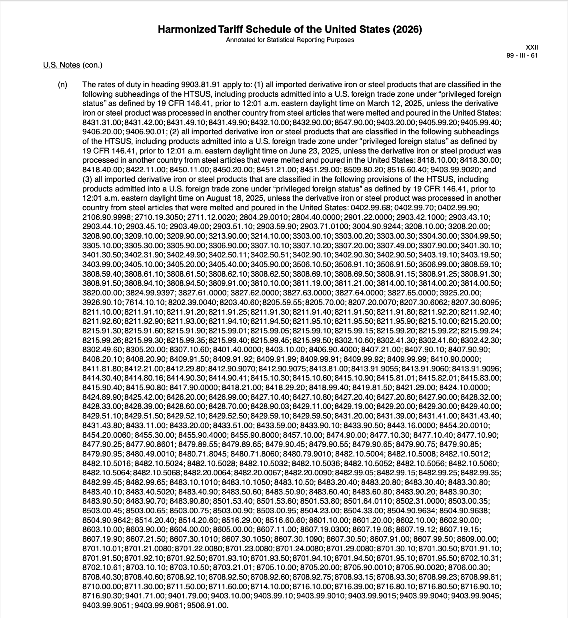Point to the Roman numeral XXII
532,47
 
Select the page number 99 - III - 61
522,56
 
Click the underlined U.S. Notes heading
62,65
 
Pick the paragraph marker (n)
62,85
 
